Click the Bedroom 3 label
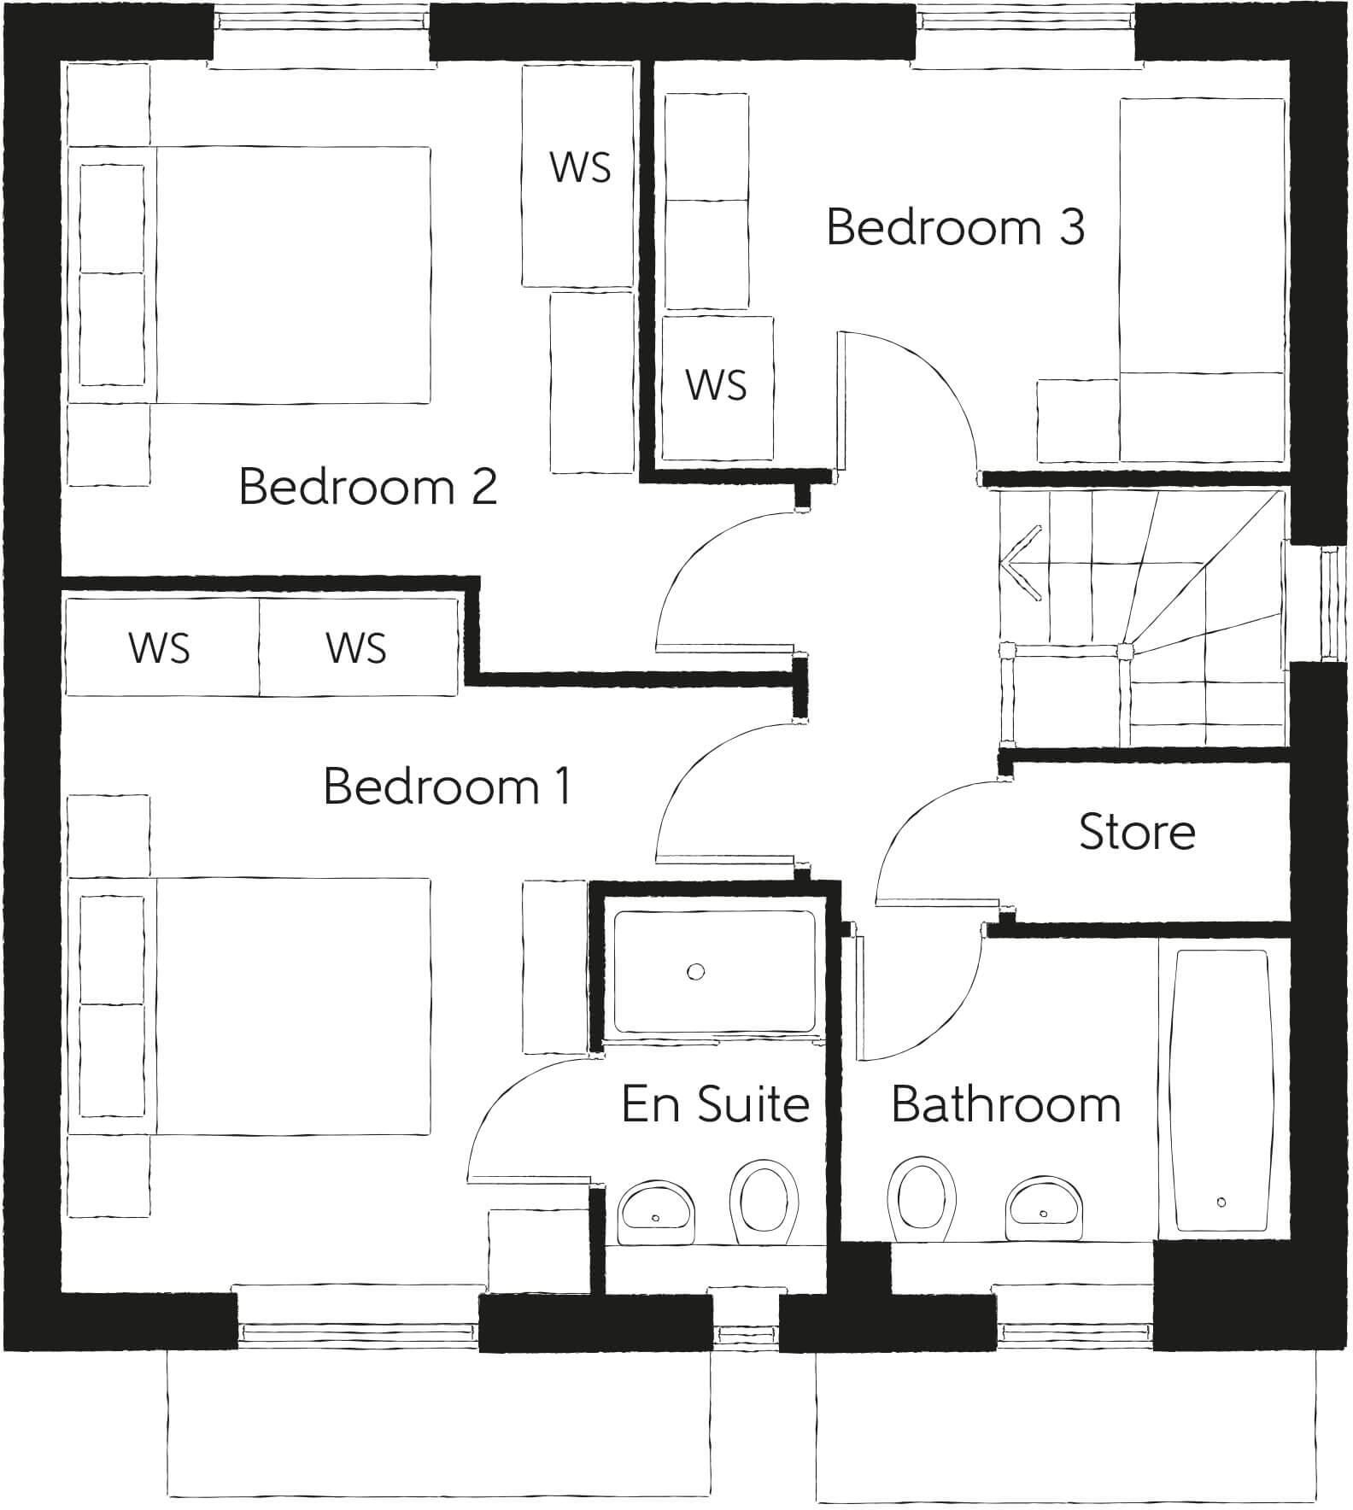click(955, 228)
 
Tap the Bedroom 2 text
click(367, 487)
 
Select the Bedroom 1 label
click(447, 787)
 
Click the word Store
click(1136, 832)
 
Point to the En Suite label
click(715, 1104)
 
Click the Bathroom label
click(1005, 1104)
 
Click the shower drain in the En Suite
click(696, 971)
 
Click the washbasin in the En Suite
click(656, 1213)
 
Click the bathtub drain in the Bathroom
click(1221, 1202)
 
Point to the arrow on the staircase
click(1021, 564)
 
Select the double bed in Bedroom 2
click(290, 273)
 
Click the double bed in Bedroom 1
click(290, 1006)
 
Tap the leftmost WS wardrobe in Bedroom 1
click(161, 647)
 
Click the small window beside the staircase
click(1331, 603)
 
